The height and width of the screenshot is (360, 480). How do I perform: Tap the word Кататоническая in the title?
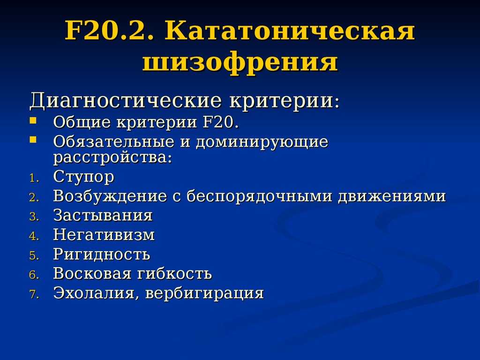click(290, 30)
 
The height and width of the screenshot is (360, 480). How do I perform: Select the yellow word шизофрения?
click(240, 62)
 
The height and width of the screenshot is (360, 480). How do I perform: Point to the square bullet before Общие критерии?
click(33, 120)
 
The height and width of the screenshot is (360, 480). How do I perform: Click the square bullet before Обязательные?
click(33, 140)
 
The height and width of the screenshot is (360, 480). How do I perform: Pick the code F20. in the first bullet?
click(220, 122)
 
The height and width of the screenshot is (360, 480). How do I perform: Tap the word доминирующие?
click(262, 142)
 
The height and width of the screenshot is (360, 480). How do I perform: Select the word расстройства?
click(112, 158)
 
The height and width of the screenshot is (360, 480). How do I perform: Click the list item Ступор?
click(83, 177)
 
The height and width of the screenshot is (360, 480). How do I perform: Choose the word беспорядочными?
click(259, 196)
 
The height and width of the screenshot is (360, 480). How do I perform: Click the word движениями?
click(392, 196)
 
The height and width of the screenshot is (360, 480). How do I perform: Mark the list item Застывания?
click(103, 216)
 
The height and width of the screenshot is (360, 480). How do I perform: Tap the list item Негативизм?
click(104, 235)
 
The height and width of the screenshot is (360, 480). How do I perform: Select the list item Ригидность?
click(102, 255)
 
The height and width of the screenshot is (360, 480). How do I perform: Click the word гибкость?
click(174, 273)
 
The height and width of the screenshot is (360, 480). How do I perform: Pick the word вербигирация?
click(204, 293)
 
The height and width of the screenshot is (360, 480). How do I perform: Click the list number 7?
click(34, 294)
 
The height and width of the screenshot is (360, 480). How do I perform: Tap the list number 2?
click(34, 198)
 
